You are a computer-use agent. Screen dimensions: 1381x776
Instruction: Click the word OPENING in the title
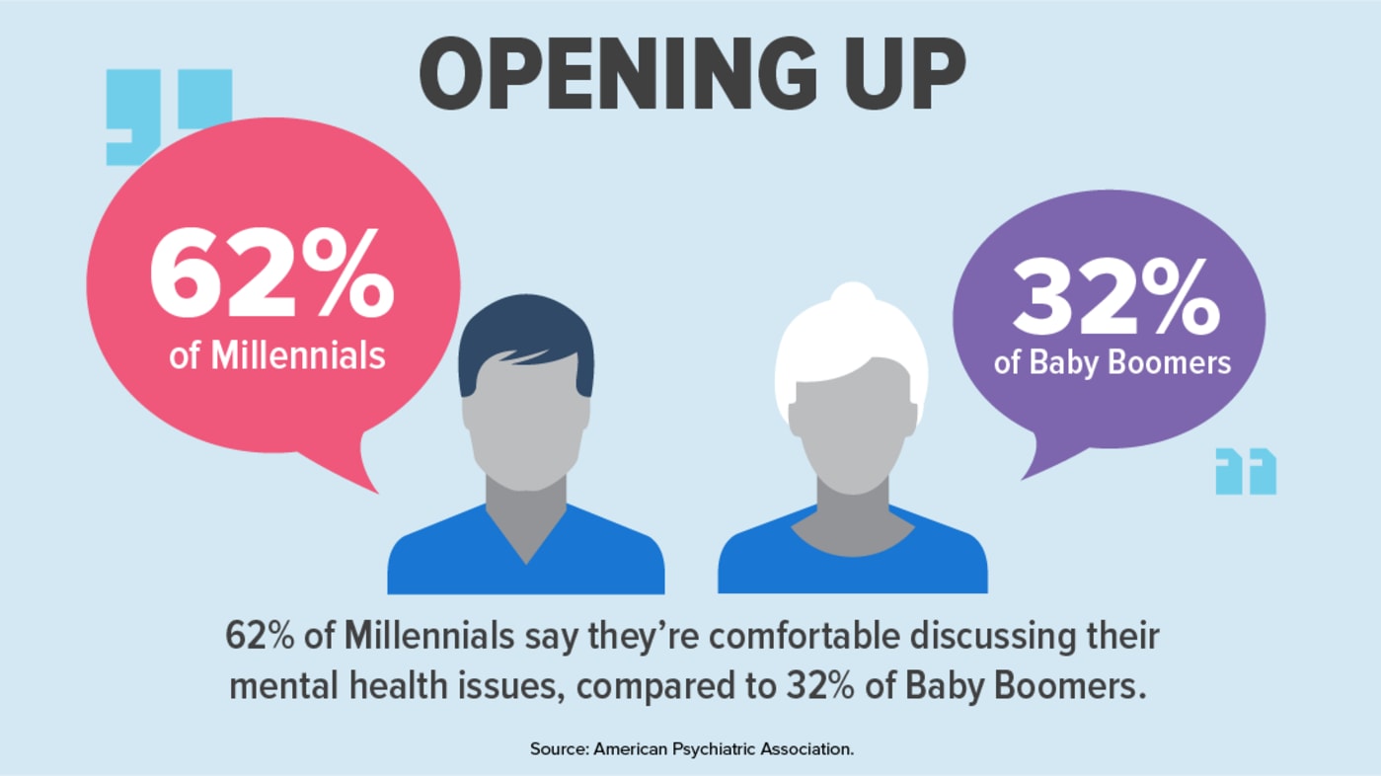point(618,73)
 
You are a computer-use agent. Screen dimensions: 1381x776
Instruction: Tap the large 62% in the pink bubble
point(271,272)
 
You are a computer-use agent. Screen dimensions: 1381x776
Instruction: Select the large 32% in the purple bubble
point(1116,296)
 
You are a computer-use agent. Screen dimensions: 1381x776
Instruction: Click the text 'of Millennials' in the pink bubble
point(277,356)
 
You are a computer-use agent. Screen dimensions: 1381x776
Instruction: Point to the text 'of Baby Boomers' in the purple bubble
point(1112,362)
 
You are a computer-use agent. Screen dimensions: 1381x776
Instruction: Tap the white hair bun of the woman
point(853,297)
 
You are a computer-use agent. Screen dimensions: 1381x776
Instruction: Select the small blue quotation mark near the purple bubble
point(1246,471)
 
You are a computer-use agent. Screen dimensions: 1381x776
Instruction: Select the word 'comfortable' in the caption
point(805,637)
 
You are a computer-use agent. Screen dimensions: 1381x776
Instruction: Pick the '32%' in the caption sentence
point(820,686)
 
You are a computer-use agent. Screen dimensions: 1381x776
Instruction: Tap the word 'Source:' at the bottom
point(560,749)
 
